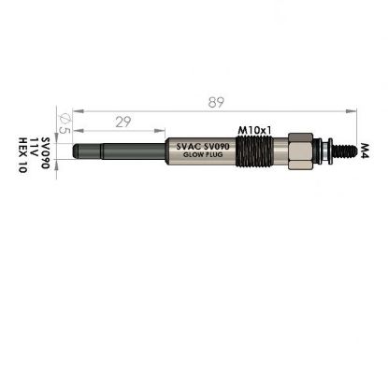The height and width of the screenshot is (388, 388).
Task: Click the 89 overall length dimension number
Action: point(216,102)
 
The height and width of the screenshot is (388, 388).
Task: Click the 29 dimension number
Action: point(123,122)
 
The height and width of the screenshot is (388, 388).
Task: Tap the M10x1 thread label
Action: point(254,131)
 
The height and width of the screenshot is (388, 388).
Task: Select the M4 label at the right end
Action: point(365,151)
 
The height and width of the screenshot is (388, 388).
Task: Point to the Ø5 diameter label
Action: point(65,123)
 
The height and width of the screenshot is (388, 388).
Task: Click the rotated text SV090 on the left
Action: point(46,152)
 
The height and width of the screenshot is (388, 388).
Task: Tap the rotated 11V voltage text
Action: point(35,147)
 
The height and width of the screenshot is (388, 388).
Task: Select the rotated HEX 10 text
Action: point(23,155)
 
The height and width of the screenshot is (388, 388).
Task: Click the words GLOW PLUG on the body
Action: point(203,154)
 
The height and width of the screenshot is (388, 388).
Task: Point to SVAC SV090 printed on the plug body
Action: point(203,146)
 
